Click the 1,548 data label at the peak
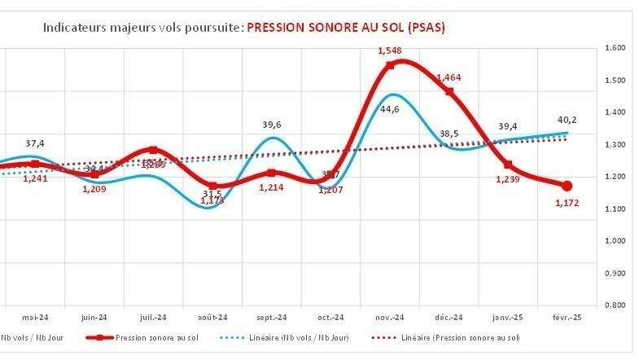tap(390, 51)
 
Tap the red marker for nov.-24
tap(391, 65)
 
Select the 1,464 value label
tap(449, 77)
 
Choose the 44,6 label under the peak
tap(390, 109)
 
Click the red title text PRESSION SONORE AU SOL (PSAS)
tap(345, 27)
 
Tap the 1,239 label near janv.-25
tap(509, 180)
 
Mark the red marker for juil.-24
tap(154, 151)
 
